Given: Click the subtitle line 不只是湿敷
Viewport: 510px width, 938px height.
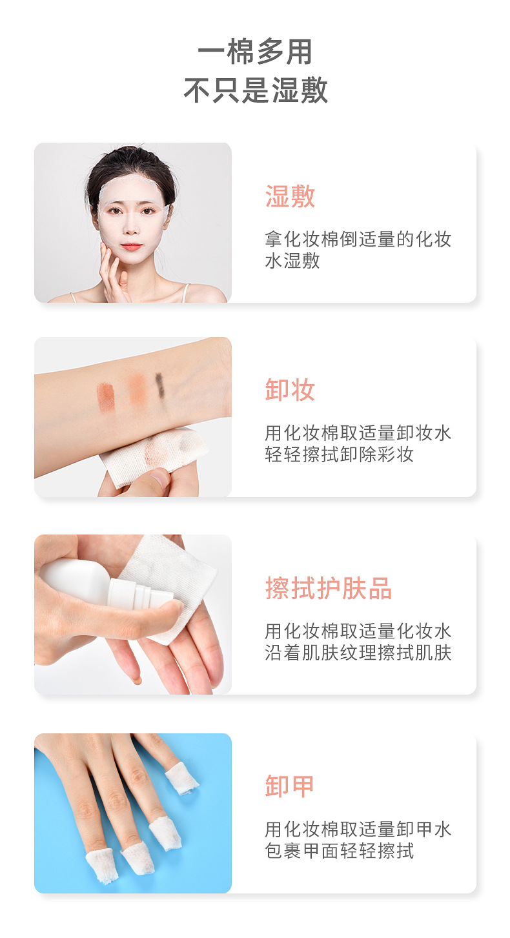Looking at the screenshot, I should point(256,91).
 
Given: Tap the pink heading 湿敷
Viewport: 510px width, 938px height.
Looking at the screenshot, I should point(290,196).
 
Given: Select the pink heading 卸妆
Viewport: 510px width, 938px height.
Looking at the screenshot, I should point(290,391).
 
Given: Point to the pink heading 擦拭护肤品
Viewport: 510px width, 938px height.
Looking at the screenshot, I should point(329,588).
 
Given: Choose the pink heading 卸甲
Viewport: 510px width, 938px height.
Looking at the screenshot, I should point(289,786).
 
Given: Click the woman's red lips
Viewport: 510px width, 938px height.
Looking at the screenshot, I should point(132,247).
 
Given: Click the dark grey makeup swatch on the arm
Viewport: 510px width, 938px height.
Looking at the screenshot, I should point(159,385).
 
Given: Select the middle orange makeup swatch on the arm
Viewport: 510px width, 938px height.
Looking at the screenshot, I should point(137,390).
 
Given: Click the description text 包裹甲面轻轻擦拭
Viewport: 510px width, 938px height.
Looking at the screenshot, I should point(339,851).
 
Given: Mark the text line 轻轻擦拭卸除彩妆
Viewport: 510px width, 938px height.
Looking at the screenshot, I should point(339,454).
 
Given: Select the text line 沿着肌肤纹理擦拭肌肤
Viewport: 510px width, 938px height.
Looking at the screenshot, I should point(358,653).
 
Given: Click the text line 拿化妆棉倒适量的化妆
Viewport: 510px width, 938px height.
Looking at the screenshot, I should point(358,240).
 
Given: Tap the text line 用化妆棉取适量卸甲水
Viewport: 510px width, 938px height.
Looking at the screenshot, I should point(358,829).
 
